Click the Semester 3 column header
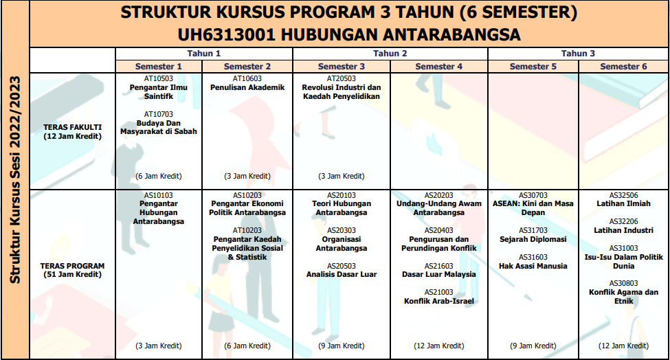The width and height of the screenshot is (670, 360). coord(342,67)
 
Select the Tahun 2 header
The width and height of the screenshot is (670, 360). coord(390,53)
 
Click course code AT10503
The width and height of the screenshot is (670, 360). coord(159,79)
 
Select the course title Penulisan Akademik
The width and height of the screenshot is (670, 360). coord(247,88)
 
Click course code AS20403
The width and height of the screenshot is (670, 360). coord(438,230)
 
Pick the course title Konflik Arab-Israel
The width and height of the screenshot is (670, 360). coord(438,301)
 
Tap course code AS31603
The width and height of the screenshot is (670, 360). coord(533,257)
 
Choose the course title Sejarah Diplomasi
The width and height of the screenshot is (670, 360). coord(533,239)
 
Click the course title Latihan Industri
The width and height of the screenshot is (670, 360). coord(623,230)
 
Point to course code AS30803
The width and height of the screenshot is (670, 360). coord(623,283)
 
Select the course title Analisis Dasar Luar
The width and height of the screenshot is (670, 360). coord(342,275)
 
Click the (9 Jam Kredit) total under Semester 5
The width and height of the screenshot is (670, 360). coord(533,346)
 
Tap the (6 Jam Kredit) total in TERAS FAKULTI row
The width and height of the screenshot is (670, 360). coord(159,176)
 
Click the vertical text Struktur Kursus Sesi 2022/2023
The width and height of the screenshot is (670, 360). coord(14,179)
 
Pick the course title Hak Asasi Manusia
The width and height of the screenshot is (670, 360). coord(533,266)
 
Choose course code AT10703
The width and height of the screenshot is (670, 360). coord(159,114)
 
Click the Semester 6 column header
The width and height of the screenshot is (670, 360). coord(623,67)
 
